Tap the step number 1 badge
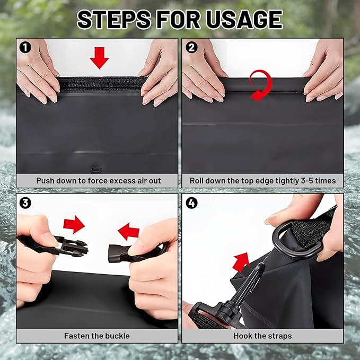point(24,47)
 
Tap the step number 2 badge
point(191,47)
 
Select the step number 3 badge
point(24,202)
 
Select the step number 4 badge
point(191,202)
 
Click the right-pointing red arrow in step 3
point(74,224)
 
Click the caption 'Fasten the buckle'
point(97,336)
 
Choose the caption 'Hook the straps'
point(262,336)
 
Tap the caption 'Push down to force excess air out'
point(98,181)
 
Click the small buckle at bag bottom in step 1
point(96,169)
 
